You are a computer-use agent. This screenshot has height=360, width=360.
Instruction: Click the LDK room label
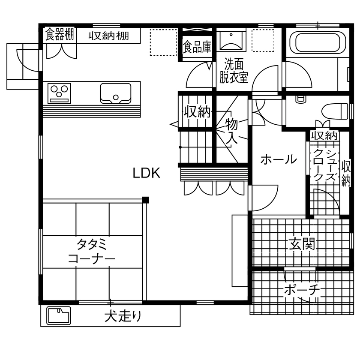click(x=146, y=173)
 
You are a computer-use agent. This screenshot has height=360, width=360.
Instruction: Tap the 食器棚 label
click(x=60, y=35)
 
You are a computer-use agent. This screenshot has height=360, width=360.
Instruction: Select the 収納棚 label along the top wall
click(x=109, y=36)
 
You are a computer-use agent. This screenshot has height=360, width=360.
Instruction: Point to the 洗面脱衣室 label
click(x=234, y=71)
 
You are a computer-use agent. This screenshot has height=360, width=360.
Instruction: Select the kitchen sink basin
click(x=116, y=93)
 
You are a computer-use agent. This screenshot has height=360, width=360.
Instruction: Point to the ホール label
click(x=279, y=159)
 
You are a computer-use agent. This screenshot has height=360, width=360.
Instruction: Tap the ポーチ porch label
click(x=302, y=291)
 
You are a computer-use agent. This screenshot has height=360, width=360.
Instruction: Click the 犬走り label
click(x=123, y=317)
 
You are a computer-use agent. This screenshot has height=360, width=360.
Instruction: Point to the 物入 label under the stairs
click(x=231, y=131)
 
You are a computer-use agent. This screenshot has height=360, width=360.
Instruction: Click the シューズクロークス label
click(x=324, y=166)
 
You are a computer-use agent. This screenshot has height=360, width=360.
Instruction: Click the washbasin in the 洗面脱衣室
click(x=231, y=40)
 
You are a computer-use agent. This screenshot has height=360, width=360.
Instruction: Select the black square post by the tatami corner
click(x=146, y=199)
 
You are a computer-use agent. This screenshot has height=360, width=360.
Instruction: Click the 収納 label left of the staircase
click(x=197, y=112)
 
